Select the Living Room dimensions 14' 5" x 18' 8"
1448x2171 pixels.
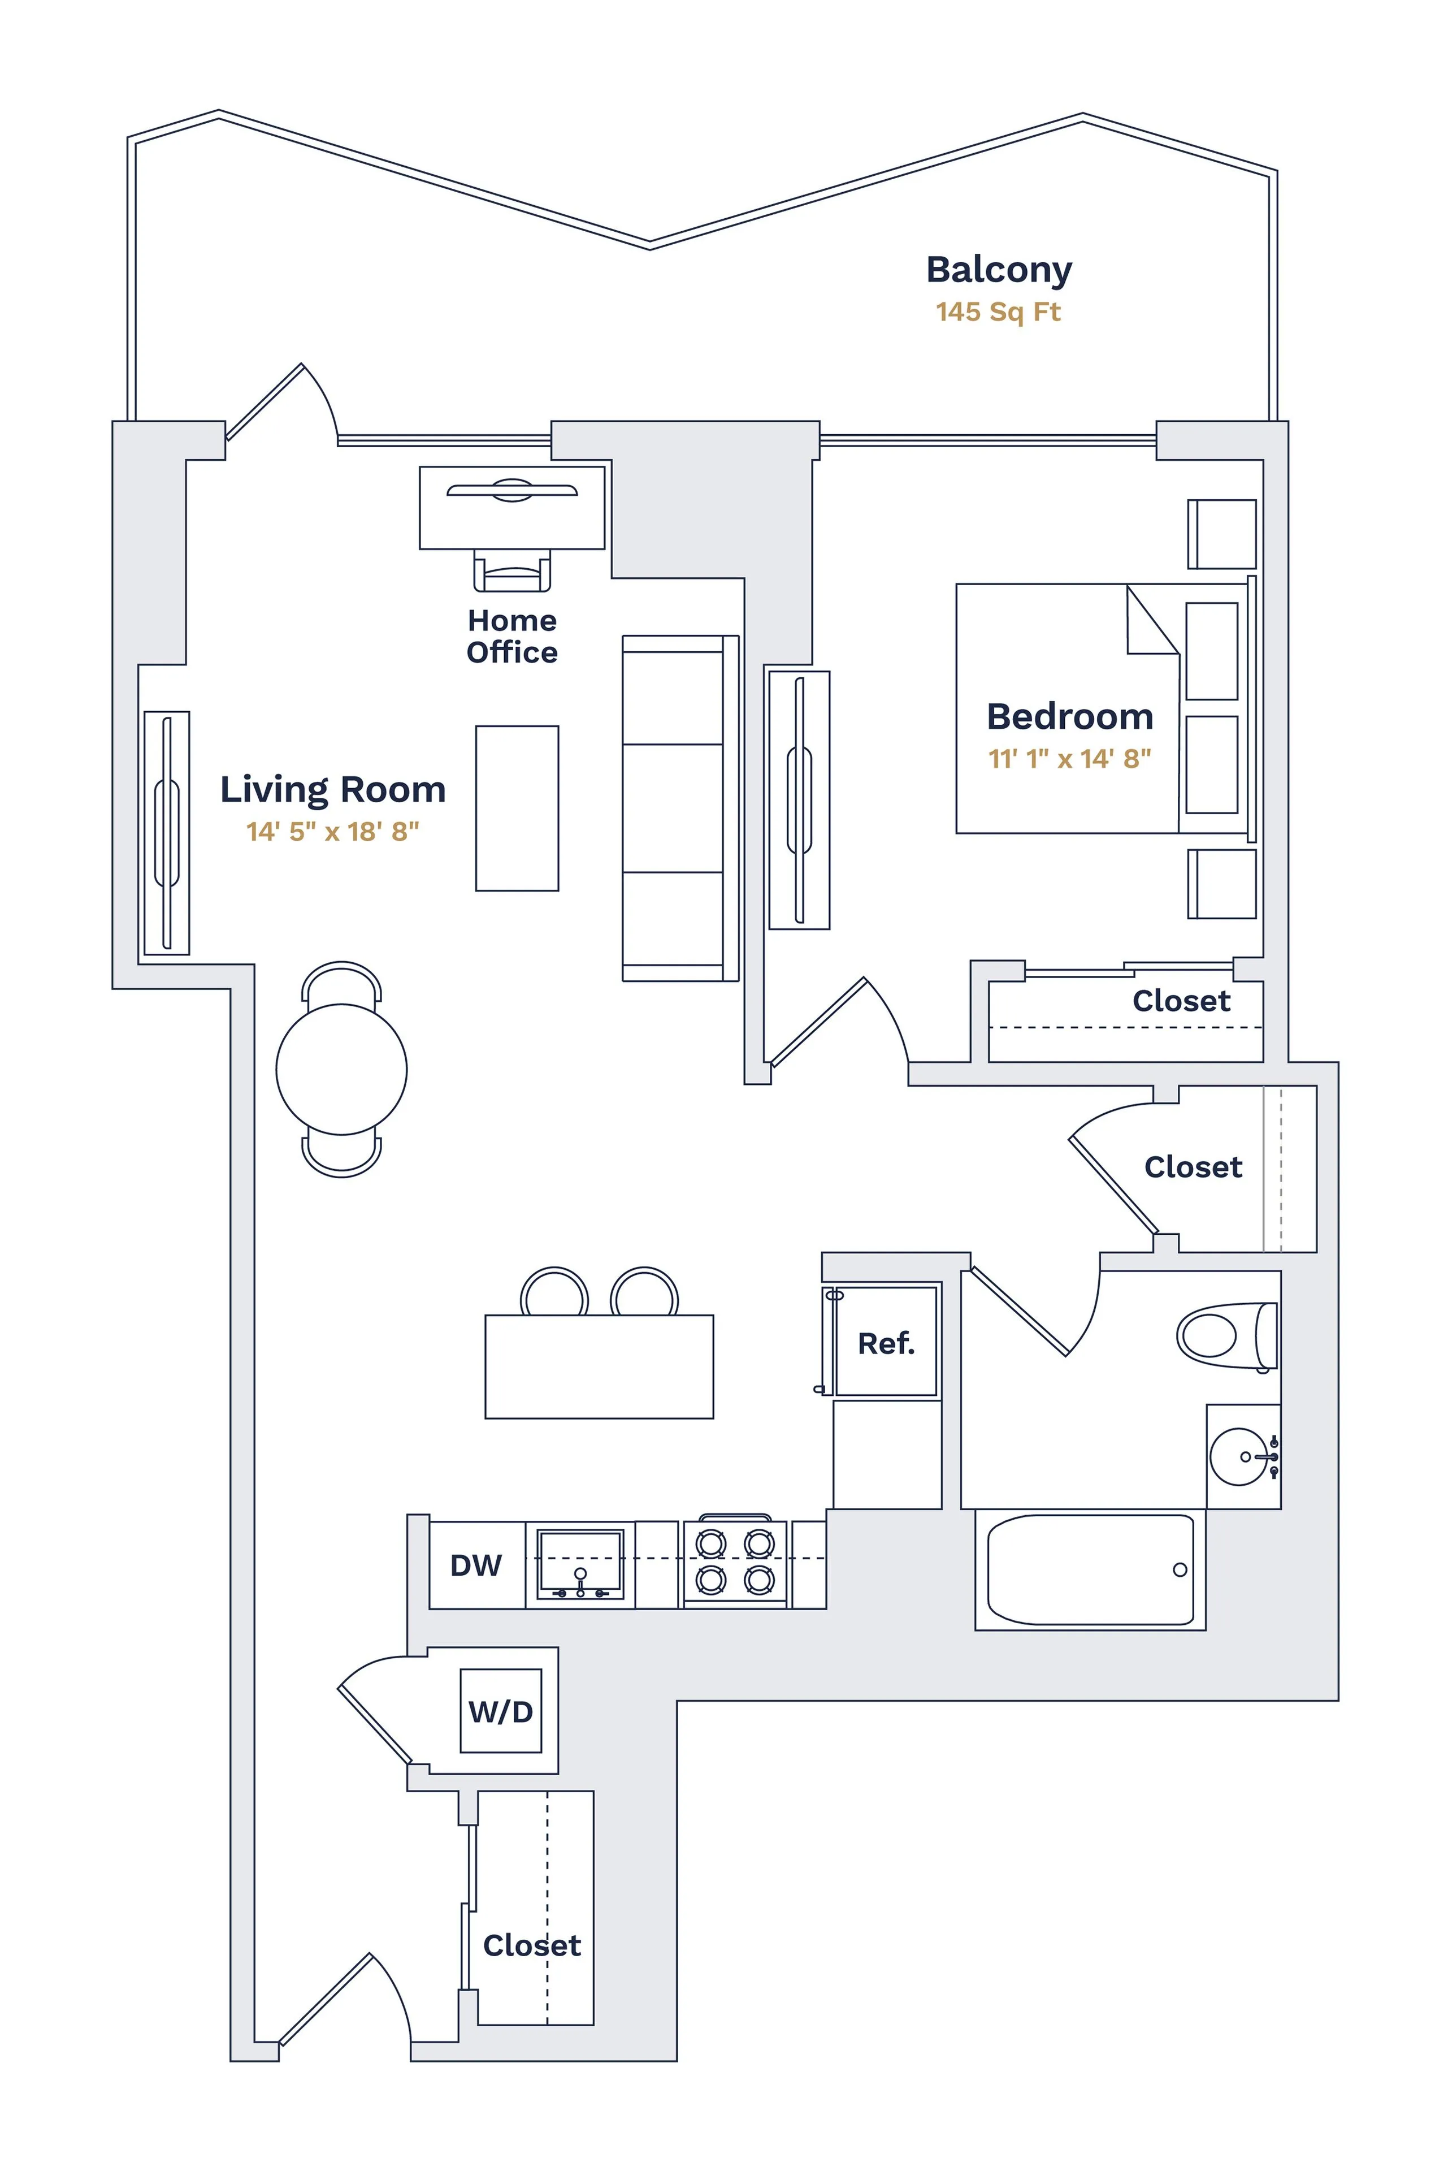332,832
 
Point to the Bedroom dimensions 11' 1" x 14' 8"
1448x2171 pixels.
1069,759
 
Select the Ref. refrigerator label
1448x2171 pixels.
886,1343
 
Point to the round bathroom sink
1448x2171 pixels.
1239,1457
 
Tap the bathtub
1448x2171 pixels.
1091,1569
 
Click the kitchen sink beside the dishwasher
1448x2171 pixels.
580,1563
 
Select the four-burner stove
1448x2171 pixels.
735,1562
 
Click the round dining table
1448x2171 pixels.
342,1069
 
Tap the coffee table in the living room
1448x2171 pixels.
517,808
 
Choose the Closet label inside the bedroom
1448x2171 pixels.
1181,1001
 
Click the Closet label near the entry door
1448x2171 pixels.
532,1945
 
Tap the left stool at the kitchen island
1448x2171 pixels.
554,1294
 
